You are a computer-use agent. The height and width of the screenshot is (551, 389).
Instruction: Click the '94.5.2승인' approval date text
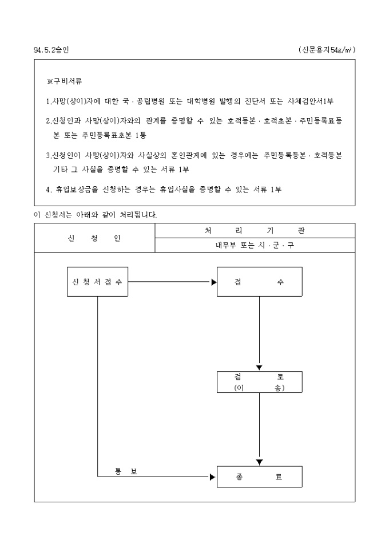click(51, 50)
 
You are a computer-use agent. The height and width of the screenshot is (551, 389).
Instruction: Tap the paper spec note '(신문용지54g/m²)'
click(327, 50)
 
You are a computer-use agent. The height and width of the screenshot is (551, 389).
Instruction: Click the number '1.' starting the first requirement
click(48, 101)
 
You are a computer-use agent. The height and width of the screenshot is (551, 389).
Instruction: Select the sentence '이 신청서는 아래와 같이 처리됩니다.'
click(96, 215)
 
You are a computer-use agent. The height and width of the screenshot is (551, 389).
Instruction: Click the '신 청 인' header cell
click(94, 238)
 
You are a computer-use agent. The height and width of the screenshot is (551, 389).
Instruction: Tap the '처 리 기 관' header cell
click(255, 230)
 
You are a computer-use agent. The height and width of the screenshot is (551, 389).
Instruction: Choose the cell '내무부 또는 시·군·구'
click(255, 245)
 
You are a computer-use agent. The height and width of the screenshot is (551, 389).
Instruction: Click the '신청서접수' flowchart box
click(97, 282)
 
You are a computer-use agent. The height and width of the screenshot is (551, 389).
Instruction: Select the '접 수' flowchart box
click(259, 282)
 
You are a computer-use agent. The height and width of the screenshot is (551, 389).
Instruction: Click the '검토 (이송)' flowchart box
click(259, 382)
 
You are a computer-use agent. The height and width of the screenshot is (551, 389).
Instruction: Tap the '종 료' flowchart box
click(259, 477)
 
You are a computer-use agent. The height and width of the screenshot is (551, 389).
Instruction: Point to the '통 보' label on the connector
click(125, 471)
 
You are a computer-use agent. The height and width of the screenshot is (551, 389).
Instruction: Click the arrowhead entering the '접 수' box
click(214, 282)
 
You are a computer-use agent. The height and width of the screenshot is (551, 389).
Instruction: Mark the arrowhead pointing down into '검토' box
click(259, 368)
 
